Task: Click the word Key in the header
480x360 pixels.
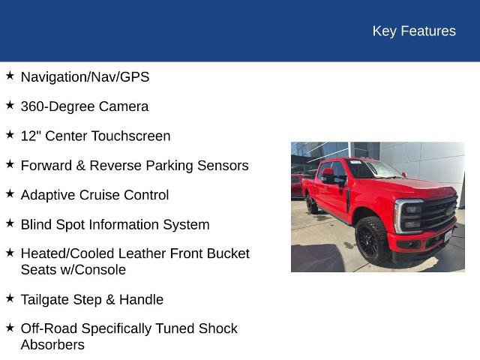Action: point(384,31)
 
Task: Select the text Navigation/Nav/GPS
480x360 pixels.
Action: point(85,77)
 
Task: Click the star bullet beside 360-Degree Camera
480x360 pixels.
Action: point(10,105)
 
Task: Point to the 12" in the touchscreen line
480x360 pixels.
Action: point(30,136)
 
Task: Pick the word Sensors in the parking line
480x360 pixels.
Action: point(222,166)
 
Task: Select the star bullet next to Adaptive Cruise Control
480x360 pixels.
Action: point(10,193)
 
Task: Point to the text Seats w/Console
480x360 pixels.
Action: point(73,270)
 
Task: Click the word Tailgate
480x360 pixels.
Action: point(45,299)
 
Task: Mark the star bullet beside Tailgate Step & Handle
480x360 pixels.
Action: point(10,298)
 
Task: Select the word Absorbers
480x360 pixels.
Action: point(52,345)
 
